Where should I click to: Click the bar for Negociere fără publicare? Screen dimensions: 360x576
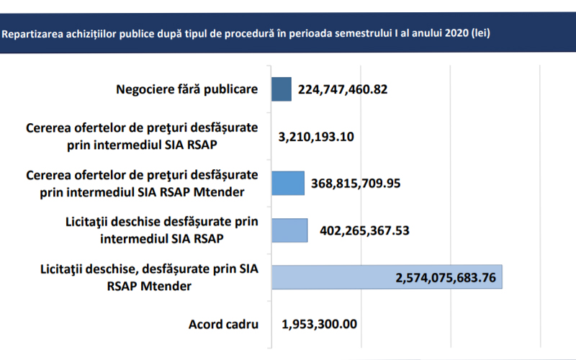(x=282, y=89)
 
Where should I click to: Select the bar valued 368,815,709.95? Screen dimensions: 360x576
(x=288, y=183)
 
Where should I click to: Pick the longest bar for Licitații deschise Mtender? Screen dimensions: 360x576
(x=387, y=277)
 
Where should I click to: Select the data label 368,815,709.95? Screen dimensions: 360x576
(x=356, y=183)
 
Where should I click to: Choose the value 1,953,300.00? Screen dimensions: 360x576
(x=319, y=323)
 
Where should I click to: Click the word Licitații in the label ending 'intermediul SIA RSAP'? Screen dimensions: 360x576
(x=89, y=225)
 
